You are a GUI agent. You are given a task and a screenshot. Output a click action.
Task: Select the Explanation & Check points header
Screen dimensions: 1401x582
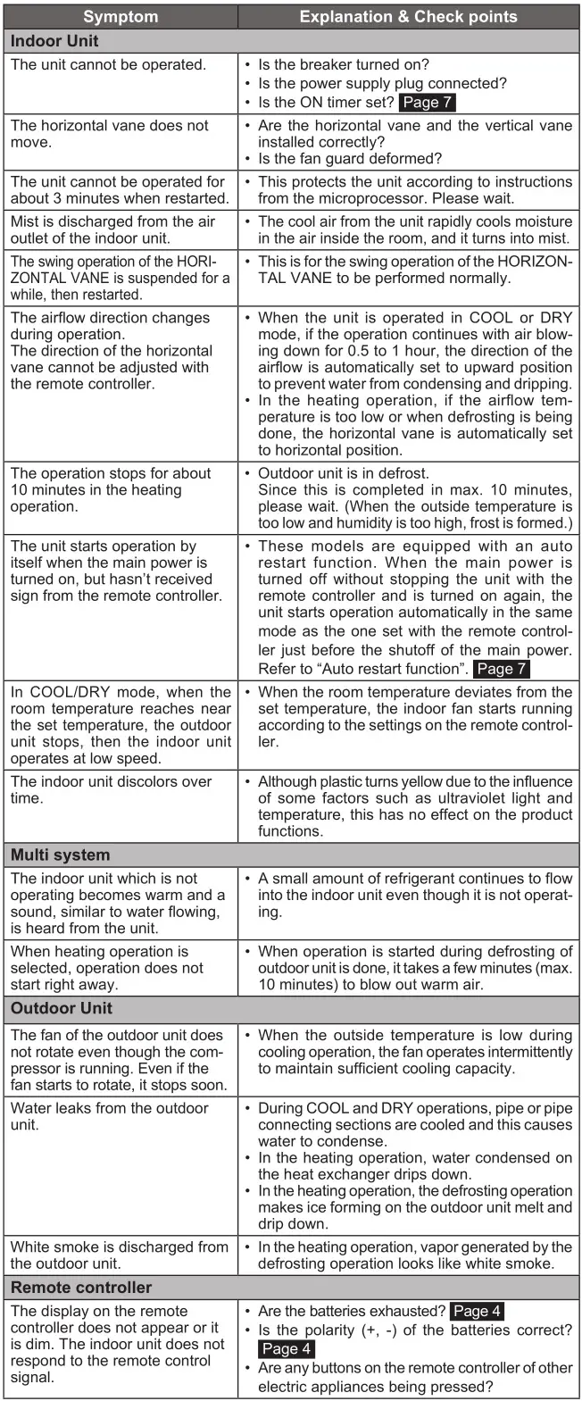click(x=408, y=17)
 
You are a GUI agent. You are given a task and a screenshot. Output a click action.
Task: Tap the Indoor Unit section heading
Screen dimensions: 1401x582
click(x=54, y=41)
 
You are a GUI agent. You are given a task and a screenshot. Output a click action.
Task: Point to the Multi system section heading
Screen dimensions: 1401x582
click(x=60, y=855)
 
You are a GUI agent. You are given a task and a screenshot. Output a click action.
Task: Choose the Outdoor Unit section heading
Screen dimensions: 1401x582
click(x=62, y=1008)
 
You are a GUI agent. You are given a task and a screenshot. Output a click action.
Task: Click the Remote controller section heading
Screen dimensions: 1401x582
click(x=81, y=1288)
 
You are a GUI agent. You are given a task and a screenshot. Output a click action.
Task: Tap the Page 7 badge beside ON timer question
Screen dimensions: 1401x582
click(x=428, y=103)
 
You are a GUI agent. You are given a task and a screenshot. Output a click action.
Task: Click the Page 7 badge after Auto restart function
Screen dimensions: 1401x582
click(x=503, y=669)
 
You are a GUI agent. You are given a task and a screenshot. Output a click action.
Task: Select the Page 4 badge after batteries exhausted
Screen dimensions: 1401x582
click(x=478, y=1312)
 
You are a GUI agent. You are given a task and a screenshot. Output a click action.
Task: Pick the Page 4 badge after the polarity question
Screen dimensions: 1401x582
click(x=287, y=1348)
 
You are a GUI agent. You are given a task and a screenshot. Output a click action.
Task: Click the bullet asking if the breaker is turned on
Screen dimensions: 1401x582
click(x=344, y=64)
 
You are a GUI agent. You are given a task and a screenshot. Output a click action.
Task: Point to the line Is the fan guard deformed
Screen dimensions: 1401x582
click(x=350, y=159)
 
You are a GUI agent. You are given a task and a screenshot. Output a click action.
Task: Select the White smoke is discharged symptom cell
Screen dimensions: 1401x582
click(x=120, y=1255)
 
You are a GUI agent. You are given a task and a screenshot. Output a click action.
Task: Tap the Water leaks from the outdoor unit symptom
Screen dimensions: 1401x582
click(x=110, y=1116)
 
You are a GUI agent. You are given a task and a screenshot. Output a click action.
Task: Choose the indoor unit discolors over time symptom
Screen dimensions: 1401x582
click(x=111, y=789)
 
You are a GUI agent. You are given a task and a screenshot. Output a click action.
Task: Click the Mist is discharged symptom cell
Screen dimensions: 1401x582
click(x=112, y=229)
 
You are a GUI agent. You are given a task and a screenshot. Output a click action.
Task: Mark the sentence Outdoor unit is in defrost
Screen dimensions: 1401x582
click(x=343, y=473)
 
